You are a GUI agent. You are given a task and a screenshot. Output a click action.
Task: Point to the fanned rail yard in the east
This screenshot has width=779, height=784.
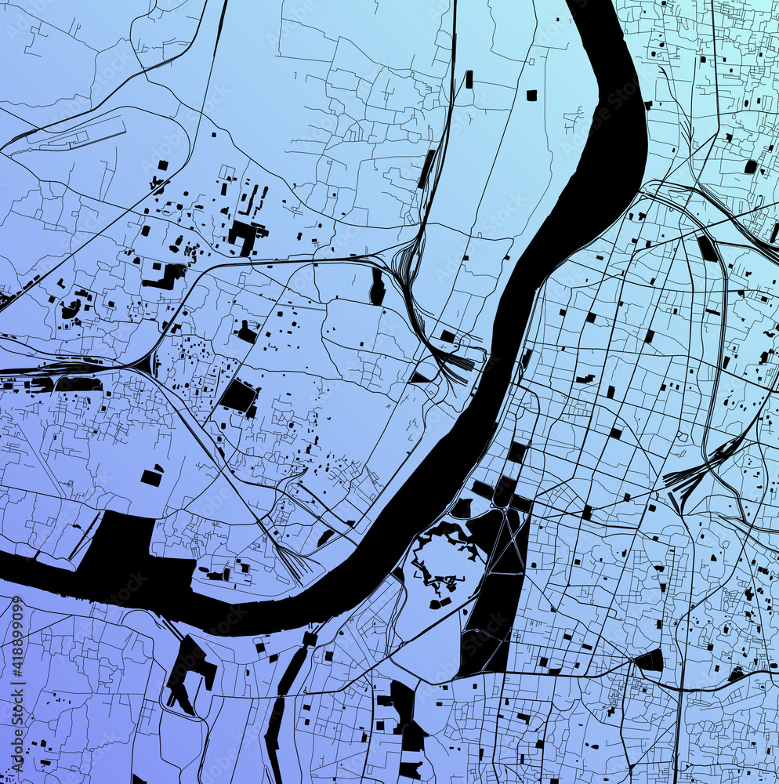click(697, 470)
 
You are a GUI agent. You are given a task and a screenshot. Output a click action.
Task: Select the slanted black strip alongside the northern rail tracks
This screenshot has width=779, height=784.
click(427, 169)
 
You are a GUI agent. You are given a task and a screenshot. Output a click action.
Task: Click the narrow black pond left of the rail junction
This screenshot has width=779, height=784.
click(378, 287)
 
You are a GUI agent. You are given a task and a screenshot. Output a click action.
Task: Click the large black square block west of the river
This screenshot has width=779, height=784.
click(238, 397)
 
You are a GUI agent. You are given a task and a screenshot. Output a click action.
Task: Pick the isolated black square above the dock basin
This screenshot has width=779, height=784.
click(150, 477)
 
